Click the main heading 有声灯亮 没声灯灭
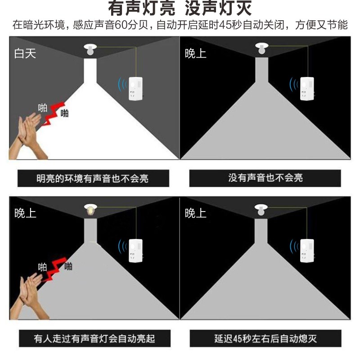[180, 9]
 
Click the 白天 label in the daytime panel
[25, 54]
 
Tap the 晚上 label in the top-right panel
[196, 54]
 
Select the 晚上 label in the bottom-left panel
[25, 213]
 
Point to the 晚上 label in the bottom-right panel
[196, 213]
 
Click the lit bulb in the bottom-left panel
[90, 210]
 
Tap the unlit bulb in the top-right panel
[261, 49]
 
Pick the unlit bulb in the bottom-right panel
[261, 210]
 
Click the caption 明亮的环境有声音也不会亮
[93, 178]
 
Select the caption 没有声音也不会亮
[265, 178]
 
